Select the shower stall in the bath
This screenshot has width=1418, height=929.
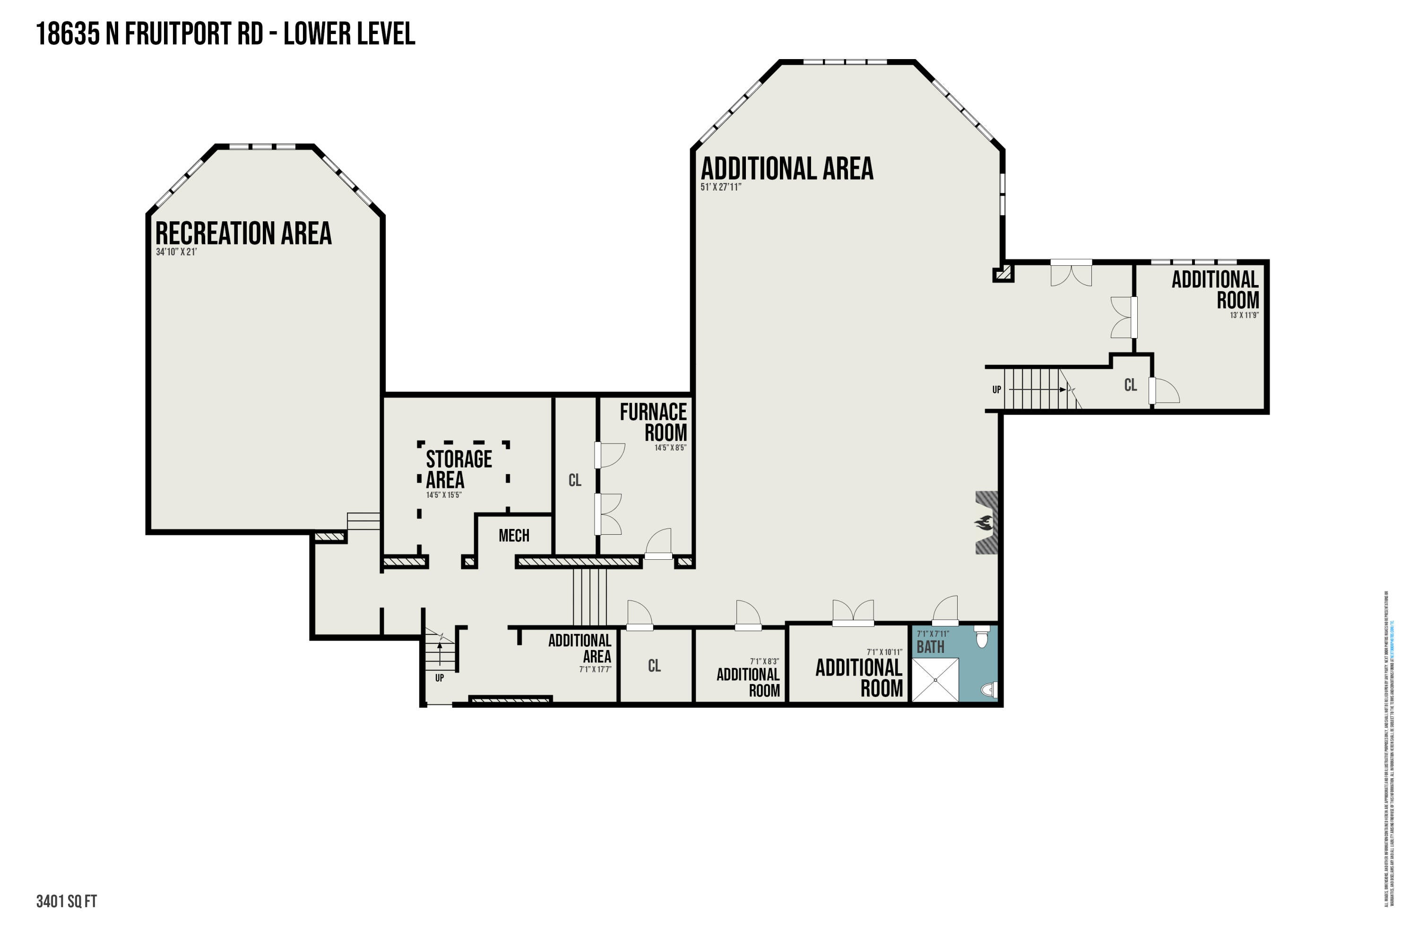pos(935,679)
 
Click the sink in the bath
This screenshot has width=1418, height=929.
pos(988,689)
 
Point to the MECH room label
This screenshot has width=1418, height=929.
pos(514,536)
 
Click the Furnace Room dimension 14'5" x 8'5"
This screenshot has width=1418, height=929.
pos(670,448)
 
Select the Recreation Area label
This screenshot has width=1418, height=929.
pos(243,233)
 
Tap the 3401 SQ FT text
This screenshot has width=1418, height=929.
pos(66,902)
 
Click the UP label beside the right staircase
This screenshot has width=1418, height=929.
pos(996,390)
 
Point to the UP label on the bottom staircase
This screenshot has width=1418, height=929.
pos(439,678)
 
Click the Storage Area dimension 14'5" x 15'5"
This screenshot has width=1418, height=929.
pos(443,495)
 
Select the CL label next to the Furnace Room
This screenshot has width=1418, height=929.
pos(574,480)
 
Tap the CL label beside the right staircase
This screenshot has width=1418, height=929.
pos(1130,385)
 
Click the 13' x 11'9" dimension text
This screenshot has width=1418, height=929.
pos(1244,315)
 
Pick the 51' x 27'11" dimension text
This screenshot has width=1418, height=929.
pos(720,187)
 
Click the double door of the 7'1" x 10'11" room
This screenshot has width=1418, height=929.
pos(853,614)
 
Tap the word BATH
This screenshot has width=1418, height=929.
pos(930,647)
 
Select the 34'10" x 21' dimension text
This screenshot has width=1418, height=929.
pos(176,252)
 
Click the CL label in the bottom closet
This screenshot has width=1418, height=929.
pos(654,666)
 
